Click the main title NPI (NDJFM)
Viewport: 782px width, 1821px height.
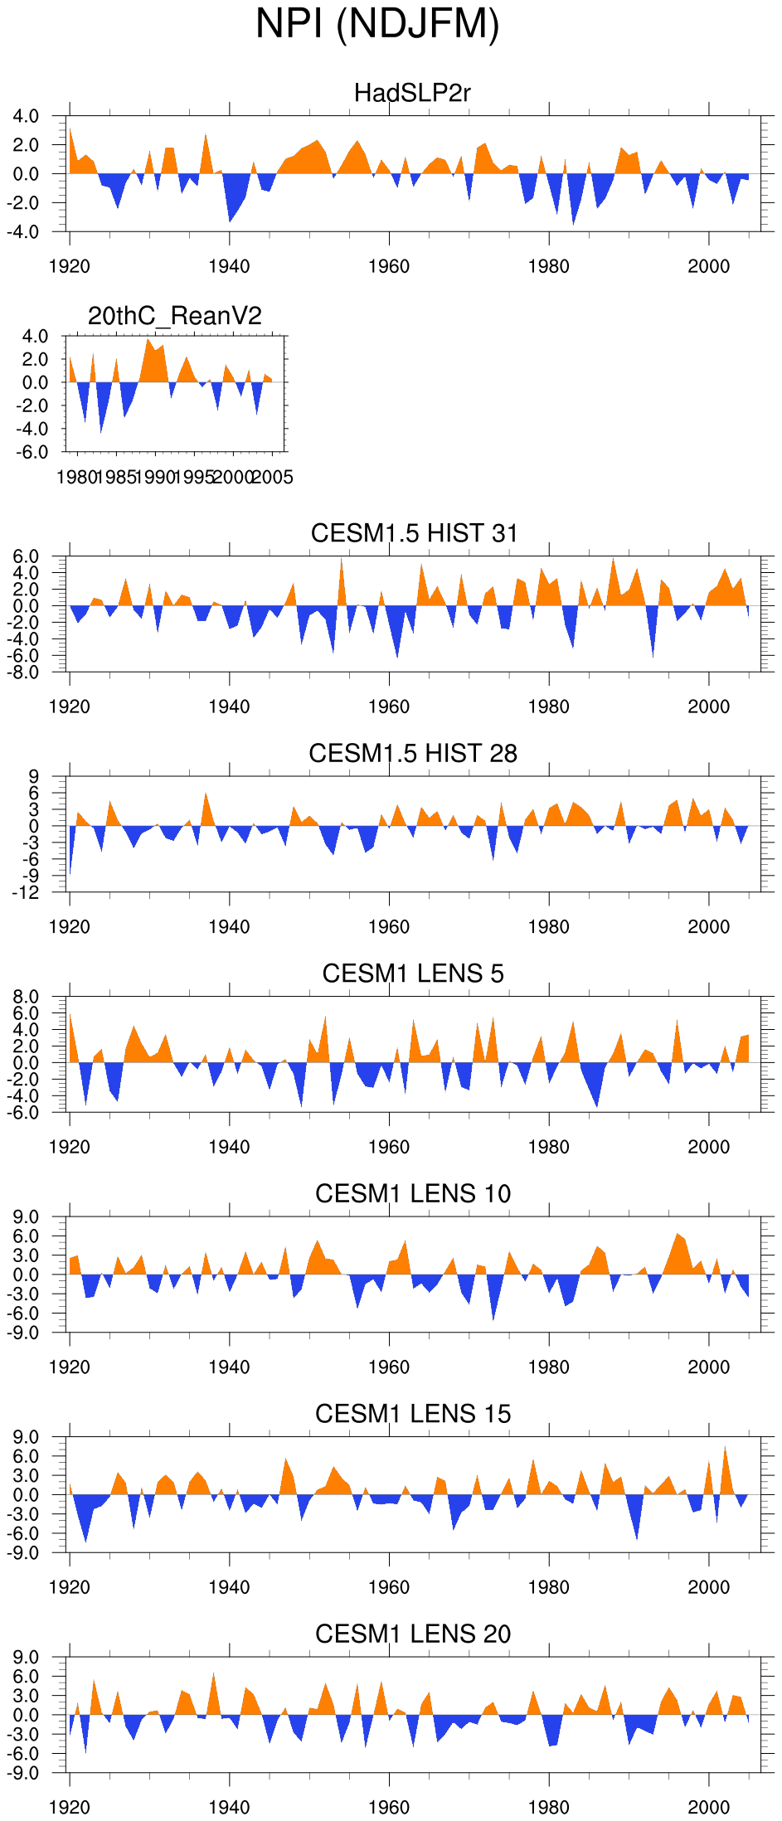(377, 24)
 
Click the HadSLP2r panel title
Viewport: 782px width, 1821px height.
(412, 93)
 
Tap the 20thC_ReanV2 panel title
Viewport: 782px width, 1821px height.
(175, 316)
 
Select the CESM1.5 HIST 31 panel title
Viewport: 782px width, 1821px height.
(414, 533)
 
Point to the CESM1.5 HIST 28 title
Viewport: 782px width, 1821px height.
(413, 753)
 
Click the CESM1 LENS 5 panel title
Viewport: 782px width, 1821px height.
(413, 974)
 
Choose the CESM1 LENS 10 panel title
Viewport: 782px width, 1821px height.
(413, 1193)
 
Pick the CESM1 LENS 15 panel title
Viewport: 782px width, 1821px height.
(413, 1414)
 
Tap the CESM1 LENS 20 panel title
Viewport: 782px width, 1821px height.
(413, 1634)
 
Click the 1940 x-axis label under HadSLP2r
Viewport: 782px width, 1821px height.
(229, 267)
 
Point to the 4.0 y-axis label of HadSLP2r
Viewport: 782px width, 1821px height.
(26, 117)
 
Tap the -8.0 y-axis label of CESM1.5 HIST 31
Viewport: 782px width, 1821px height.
(26, 673)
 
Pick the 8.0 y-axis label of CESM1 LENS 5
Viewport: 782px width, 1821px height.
(26, 997)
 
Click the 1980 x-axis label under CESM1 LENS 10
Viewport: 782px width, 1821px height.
(548, 1367)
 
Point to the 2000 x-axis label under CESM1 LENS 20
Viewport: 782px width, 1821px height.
(708, 1808)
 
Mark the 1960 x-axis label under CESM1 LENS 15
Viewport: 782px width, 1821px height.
(388, 1587)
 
